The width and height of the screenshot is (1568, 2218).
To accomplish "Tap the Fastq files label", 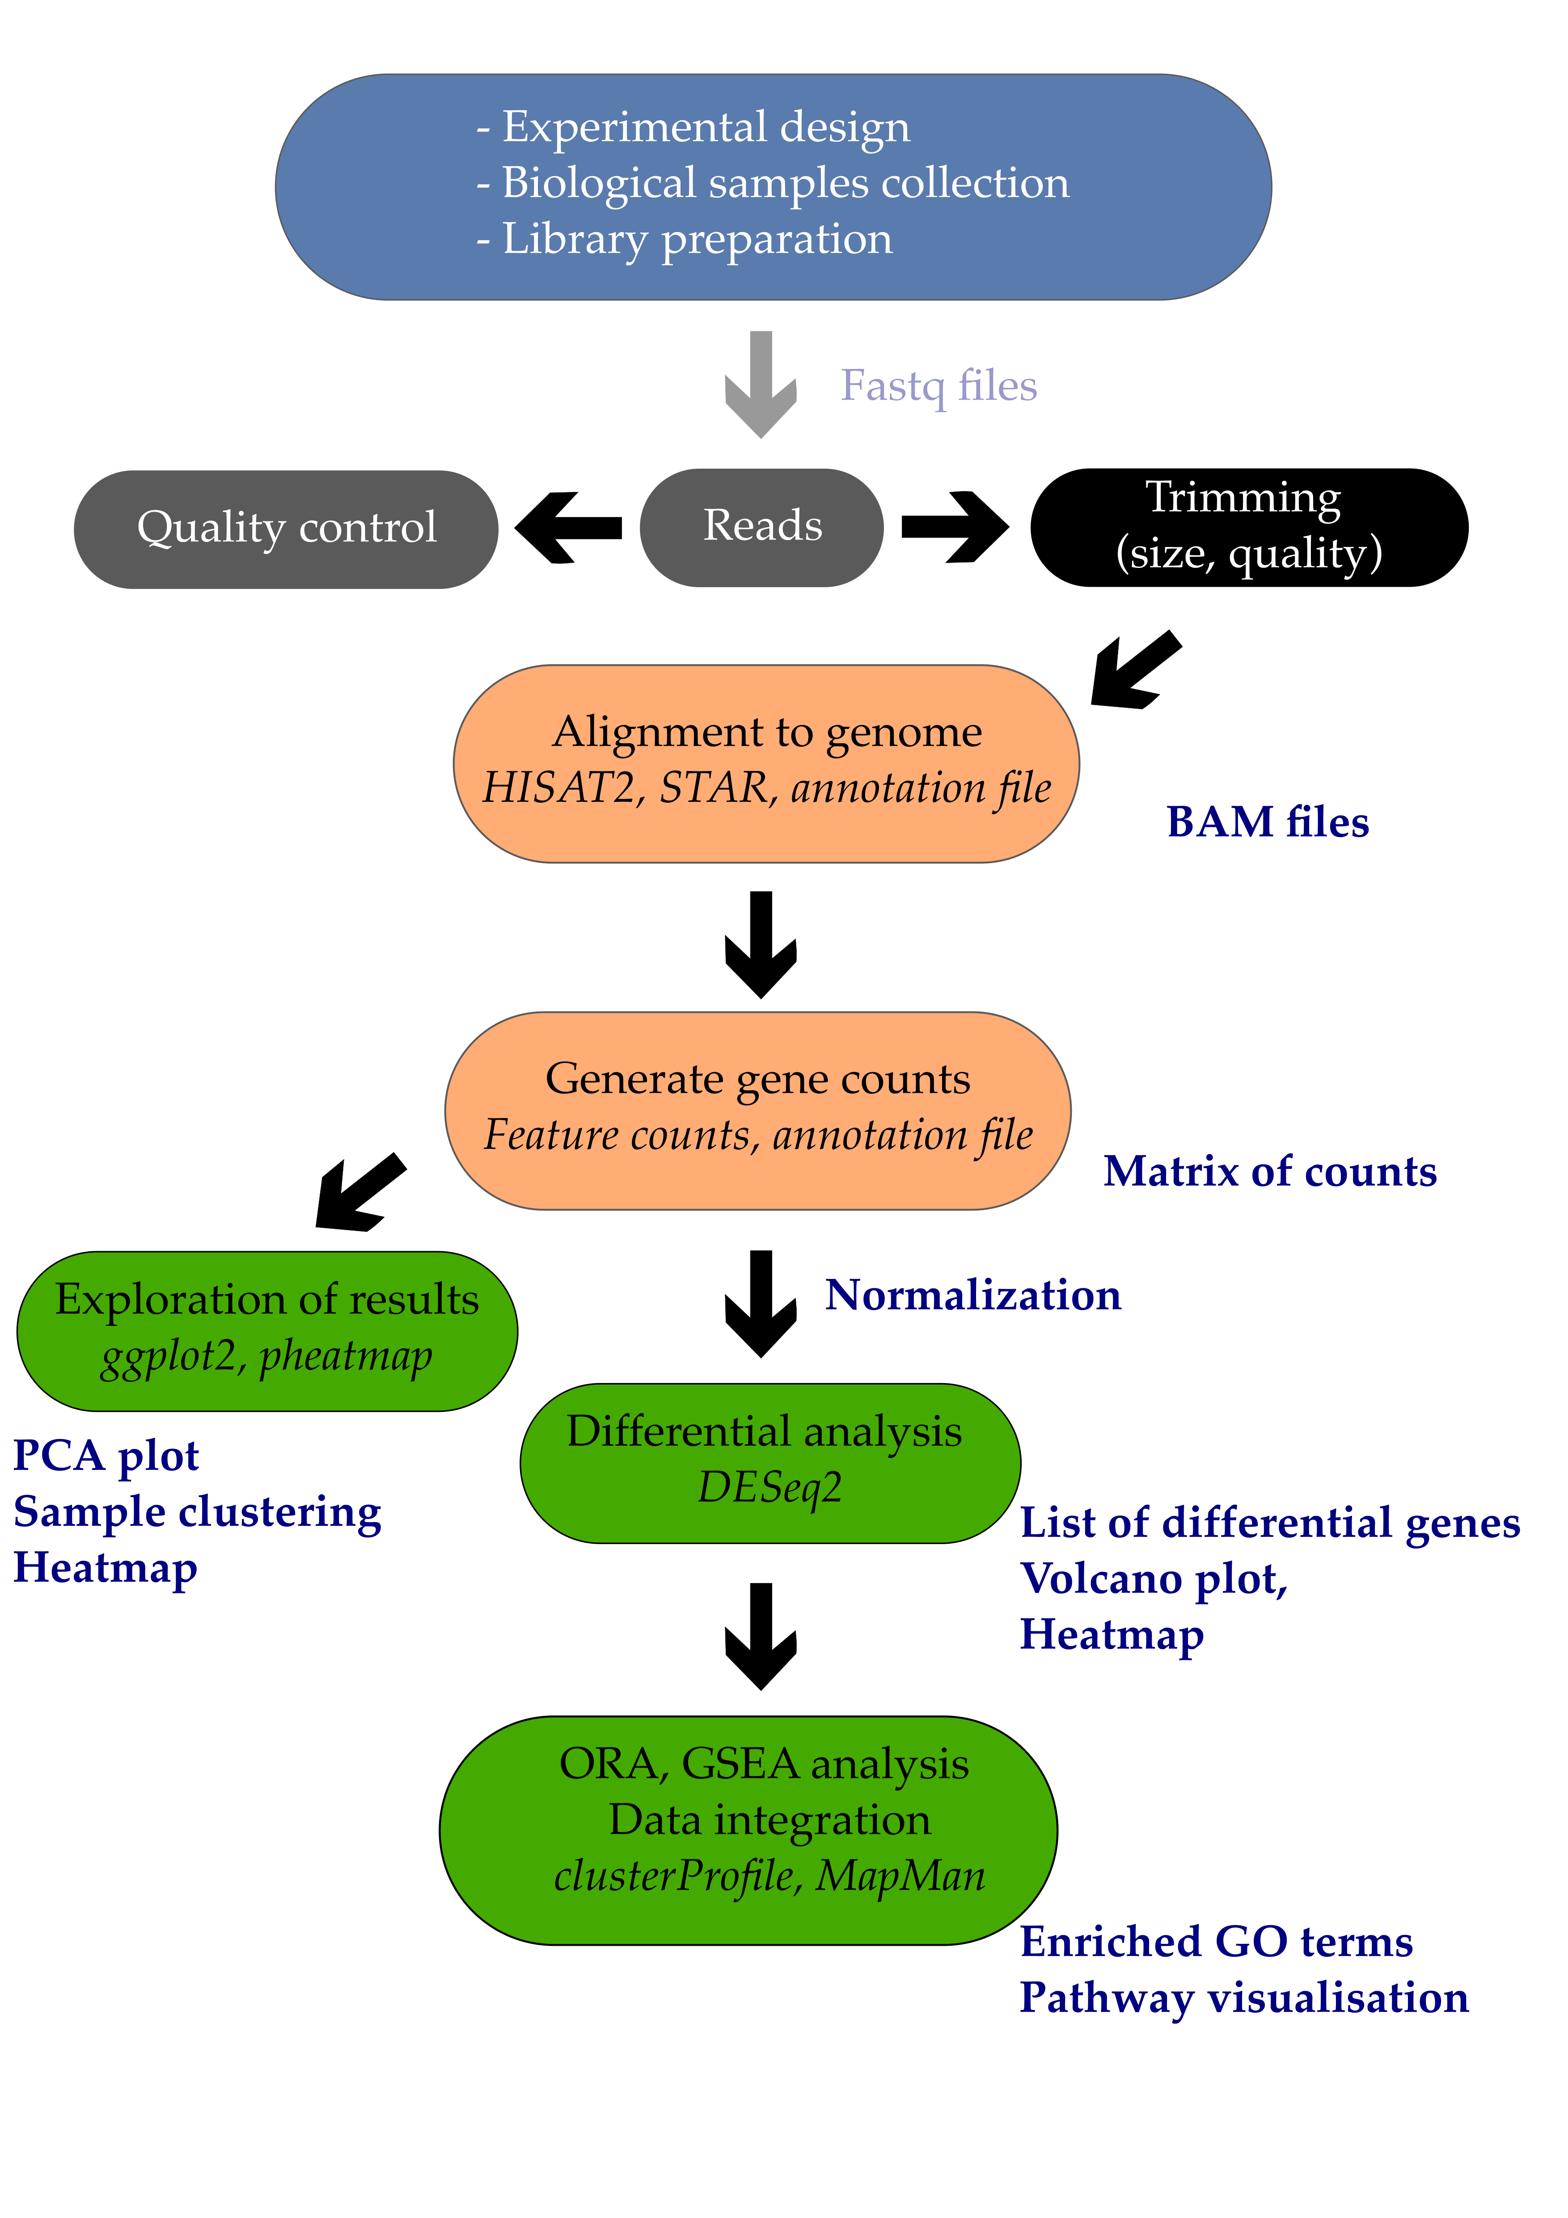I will pos(938,385).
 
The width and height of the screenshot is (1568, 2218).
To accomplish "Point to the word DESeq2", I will pos(770,1488).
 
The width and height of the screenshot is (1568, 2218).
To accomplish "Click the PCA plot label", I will pos(106,1456).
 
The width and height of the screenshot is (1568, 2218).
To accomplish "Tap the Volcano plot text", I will pos(1154,1579).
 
